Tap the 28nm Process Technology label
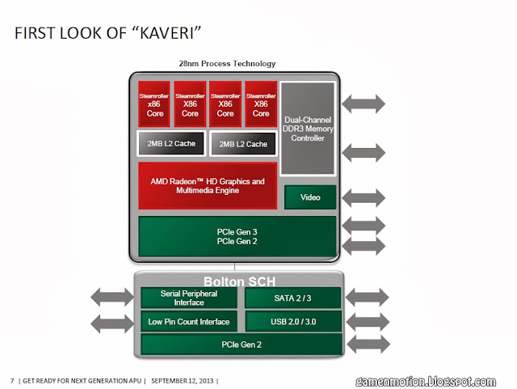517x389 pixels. (227, 63)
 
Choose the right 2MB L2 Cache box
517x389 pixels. (242, 144)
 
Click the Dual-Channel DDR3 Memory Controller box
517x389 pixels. (308, 128)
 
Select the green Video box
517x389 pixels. (310, 197)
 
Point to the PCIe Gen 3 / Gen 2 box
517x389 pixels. (237, 236)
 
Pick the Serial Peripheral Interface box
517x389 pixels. (189, 298)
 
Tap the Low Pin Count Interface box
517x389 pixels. (189, 322)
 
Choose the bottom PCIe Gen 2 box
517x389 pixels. (237, 345)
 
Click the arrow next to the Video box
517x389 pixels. (364, 197)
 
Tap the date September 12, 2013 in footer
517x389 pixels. (183, 380)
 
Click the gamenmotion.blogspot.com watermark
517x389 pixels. (425, 380)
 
